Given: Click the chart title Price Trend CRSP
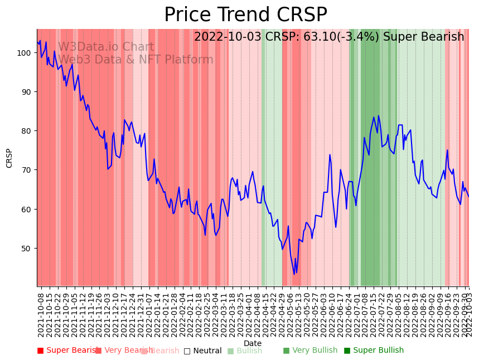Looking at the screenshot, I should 245,15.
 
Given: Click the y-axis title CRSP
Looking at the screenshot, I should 9,158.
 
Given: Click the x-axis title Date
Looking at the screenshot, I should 253,343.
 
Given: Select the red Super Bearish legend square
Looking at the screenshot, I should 40,351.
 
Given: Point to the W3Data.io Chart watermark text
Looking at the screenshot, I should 106,47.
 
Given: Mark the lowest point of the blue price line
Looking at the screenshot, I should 294,274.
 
